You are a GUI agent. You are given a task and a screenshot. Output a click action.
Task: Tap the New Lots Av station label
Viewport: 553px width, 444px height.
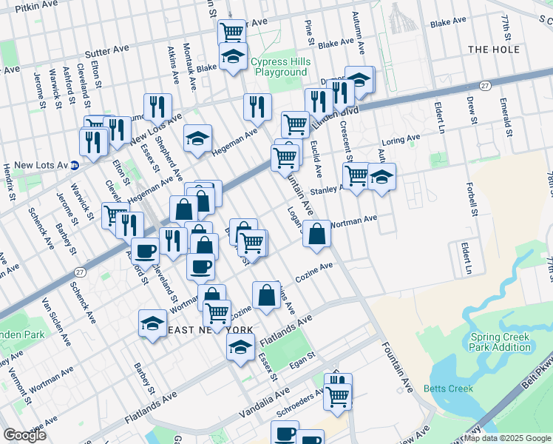pos(41,164)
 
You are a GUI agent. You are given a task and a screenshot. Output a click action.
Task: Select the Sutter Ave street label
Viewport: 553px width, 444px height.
pos(106,50)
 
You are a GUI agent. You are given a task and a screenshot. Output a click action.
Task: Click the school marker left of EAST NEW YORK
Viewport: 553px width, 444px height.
pos(152,323)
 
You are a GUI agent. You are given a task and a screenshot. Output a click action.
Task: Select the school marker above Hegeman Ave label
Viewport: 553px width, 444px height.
pos(197,138)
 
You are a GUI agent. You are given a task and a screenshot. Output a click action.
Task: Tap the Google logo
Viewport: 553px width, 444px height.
pos(25,434)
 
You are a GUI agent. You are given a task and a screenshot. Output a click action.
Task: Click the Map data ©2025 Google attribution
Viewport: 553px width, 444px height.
pos(507,438)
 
